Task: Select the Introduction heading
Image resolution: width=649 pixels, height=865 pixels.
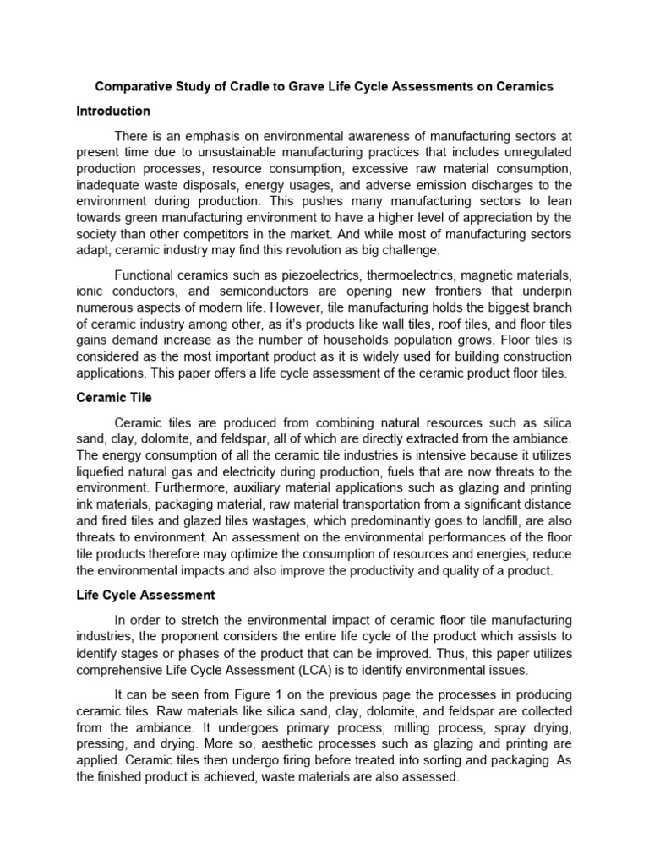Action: coord(113,111)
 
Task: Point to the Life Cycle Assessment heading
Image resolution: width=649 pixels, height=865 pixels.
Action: coord(145,595)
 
